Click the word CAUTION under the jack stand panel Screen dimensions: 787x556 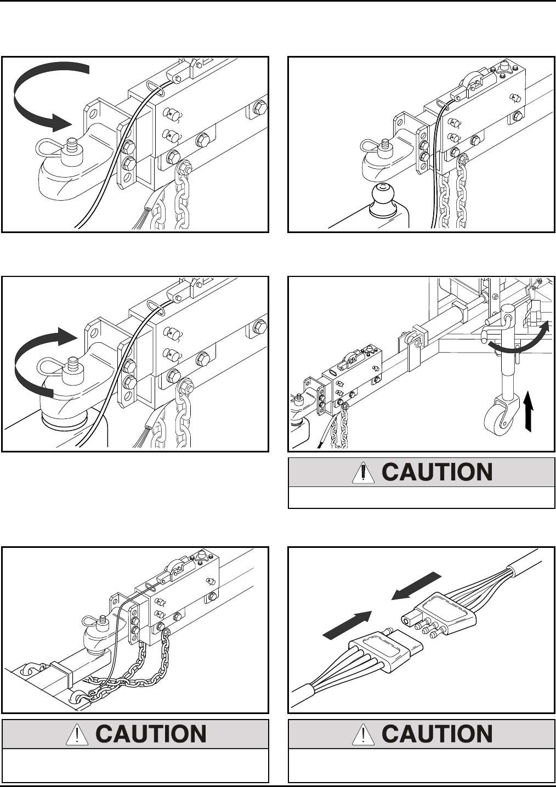437,473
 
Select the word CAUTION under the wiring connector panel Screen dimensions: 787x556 437,734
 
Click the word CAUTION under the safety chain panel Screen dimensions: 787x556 151,734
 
